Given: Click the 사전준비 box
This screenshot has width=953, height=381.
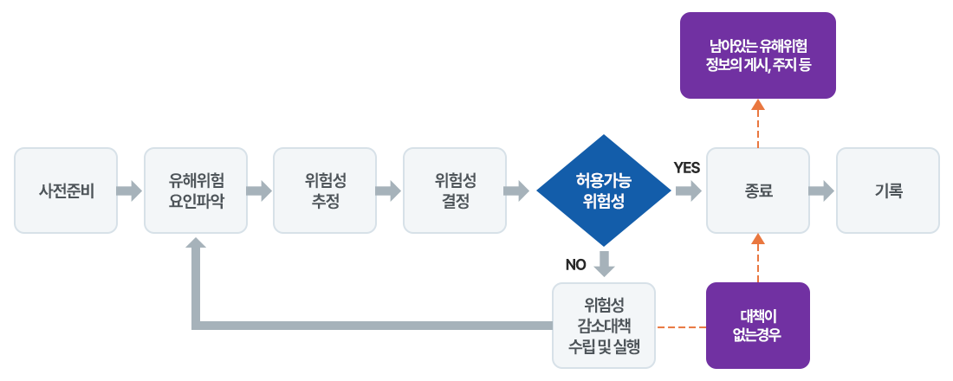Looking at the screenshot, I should (66, 190).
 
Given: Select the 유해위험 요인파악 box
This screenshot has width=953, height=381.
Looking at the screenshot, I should (196, 190).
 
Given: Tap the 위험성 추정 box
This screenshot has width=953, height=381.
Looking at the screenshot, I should (325, 190).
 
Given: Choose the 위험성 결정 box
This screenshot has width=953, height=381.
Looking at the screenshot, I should (455, 190).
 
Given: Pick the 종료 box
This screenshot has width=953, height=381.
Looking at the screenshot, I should (758, 190).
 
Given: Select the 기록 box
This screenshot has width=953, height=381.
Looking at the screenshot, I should (887, 190).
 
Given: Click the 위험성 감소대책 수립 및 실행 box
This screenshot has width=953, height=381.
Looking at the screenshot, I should (604, 326).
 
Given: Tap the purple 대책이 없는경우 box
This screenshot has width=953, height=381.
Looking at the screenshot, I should (758, 326).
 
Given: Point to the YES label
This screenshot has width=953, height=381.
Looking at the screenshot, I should (687, 168).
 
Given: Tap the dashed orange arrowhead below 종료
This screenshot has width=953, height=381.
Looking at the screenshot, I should (758, 240).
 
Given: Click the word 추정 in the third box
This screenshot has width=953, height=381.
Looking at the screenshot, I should (325, 201).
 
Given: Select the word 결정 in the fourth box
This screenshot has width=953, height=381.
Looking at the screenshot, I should (455, 201).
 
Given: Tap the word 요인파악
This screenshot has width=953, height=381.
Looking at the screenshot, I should (196, 201).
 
